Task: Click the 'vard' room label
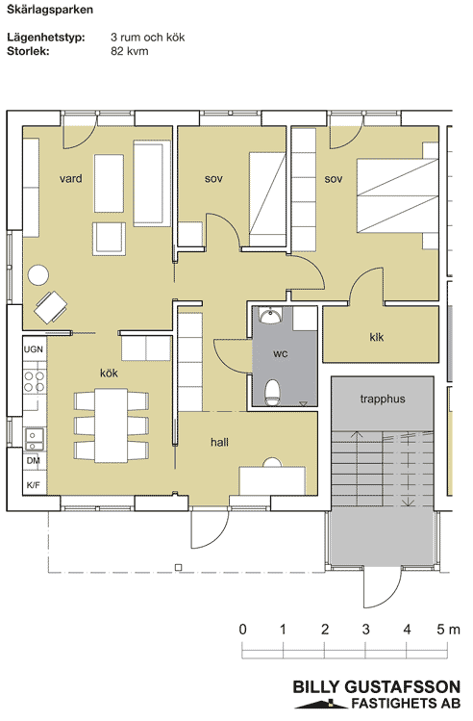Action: [71, 178]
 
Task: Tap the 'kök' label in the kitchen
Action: [109, 373]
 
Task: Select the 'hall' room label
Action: [219, 443]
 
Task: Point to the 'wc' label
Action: [280, 353]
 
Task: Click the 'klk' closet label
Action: [377, 337]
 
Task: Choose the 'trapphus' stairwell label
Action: [383, 399]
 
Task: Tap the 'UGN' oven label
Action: [34, 349]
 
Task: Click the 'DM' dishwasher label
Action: [33, 460]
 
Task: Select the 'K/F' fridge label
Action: [33, 484]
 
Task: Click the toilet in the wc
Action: [272, 392]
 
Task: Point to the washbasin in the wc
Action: [270, 316]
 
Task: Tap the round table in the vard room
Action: [38, 275]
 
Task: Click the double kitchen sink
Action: [35, 440]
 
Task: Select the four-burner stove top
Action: [35, 382]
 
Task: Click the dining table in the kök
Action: [112, 425]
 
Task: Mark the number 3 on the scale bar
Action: [366, 629]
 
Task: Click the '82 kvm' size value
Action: [130, 51]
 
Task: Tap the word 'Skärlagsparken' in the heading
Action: [50, 10]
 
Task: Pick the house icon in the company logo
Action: [321, 703]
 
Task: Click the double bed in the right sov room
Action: [398, 195]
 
